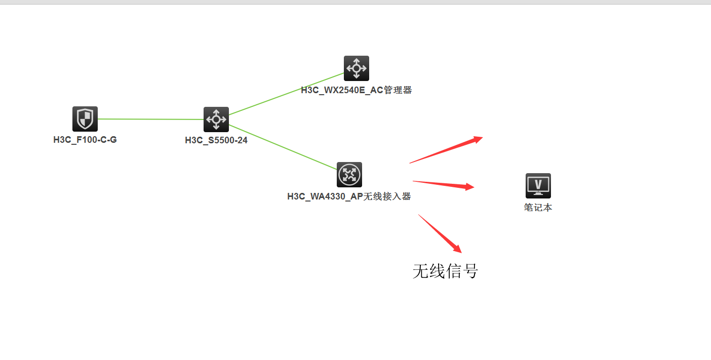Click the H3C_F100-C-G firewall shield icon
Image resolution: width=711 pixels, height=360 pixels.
[x=85, y=119]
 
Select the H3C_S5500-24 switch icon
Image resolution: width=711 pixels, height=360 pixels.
[x=216, y=119]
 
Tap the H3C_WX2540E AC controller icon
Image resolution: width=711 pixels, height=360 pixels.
[x=357, y=68]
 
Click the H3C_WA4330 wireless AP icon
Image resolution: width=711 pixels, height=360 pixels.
[x=349, y=175]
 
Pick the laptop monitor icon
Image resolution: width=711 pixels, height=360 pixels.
[x=538, y=186]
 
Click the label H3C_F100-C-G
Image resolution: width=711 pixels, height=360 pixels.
[x=85, y=140]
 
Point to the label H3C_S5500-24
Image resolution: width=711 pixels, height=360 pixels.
[x=216, y=140]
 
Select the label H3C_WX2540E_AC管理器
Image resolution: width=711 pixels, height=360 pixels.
[x=357, y=91]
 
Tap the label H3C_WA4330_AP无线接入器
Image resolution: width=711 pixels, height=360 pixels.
[x=349, y=196]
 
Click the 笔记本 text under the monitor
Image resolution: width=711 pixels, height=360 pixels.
[x=538, y=208]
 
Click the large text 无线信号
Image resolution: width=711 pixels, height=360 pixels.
[x=445, y=271]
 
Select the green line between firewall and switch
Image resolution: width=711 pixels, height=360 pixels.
[x=150, y=119]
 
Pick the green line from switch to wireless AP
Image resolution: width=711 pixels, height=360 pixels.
[x=283, y=146]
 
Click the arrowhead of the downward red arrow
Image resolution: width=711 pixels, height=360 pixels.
[x=457, y=249]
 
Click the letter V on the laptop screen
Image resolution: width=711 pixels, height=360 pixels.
[x=538, y=183]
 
